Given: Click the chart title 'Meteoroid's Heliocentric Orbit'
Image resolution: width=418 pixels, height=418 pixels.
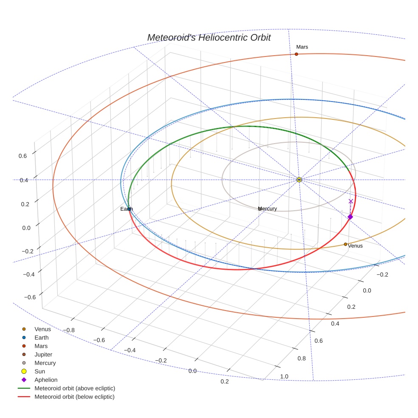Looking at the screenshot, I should (x=209, y=37).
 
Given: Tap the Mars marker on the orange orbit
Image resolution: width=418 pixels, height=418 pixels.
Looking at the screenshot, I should (x=296, y=54).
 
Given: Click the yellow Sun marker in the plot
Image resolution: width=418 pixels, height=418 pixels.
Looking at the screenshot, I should (x=299, y=180).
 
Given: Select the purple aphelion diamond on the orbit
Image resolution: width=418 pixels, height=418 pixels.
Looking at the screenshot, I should (x=350, y=217).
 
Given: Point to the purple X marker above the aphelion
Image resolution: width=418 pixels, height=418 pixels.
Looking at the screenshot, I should (x=351, y=201).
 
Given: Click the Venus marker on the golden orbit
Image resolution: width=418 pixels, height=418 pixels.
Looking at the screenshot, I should (x=345, y=244).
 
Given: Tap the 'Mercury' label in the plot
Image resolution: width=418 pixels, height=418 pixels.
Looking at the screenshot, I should (x=268, y=209).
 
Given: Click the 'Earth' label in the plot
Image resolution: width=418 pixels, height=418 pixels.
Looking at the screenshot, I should (x=127, y=209).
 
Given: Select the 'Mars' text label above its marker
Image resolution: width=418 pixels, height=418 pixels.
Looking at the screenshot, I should (x=302, y=47).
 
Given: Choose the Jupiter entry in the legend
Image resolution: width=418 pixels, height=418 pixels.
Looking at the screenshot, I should (x=43, y=354).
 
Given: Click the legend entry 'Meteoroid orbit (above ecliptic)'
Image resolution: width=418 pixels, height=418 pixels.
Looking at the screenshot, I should (x=75, y=388).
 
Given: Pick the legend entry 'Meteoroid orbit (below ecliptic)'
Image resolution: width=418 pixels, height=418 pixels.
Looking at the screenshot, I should (x=74, y=397).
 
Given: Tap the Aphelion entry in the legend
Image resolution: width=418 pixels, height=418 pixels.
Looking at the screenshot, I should (x=45, y=380).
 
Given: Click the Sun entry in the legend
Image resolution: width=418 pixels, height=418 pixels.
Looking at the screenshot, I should (x=40, y=371).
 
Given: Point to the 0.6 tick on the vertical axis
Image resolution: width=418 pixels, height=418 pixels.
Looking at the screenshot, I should (x=23, y=156).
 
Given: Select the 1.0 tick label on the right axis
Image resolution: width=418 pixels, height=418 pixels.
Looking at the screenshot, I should (x=284, y=376).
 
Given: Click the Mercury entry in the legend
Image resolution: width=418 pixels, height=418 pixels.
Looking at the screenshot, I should (x=45, y=363).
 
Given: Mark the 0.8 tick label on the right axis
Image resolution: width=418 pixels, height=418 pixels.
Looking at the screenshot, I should (x=302, y=358).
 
